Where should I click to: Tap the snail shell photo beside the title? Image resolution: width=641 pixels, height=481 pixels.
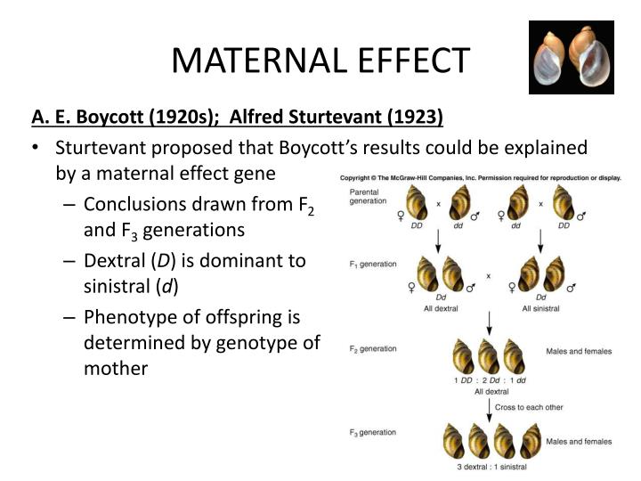(x=571, y=57)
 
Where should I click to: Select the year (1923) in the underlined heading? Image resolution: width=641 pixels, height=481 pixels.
(x=413, y=118)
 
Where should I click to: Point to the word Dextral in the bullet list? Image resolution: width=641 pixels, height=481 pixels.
(x=116, y=260)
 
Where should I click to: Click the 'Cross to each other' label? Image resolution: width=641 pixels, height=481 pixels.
(x=530, y=407)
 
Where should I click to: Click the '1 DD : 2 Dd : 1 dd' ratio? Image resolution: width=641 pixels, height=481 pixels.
(x=491, y=380)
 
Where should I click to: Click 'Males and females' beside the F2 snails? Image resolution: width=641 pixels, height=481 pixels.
(x=578, y=352)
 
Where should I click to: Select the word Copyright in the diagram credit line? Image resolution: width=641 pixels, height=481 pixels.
(x=358, y=177)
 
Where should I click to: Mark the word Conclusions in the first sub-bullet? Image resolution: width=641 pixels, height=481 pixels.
(x=134, y=203)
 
